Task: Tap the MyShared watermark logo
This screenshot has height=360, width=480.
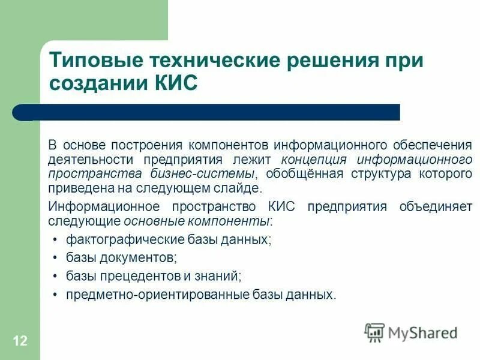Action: point(411,332)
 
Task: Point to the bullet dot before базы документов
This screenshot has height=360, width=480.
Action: point(55,258)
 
